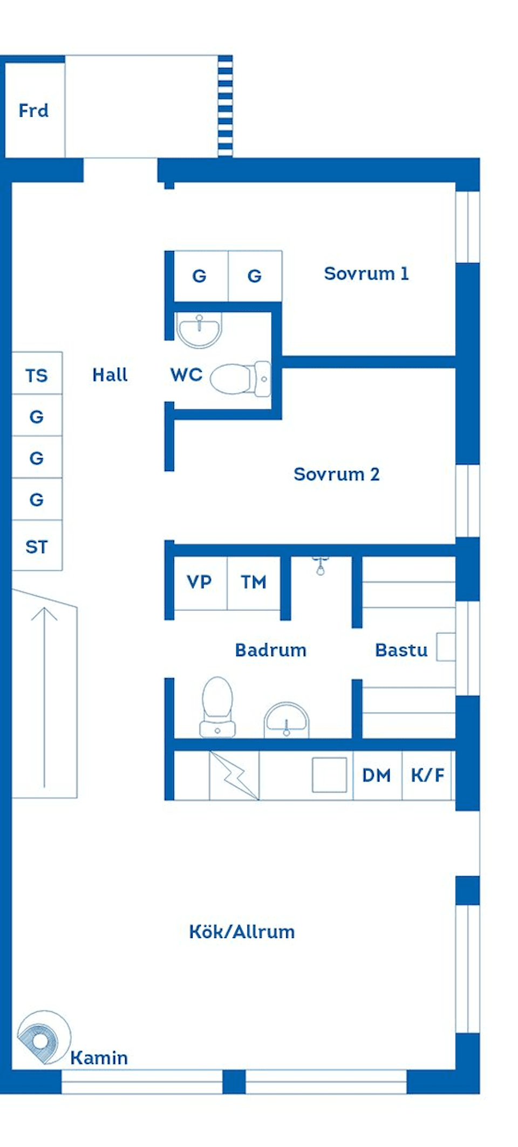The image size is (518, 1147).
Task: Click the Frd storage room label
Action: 33,111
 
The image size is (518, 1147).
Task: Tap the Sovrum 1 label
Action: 366,274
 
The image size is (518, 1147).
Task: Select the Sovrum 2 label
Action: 336,474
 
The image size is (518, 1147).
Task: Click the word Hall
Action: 110,375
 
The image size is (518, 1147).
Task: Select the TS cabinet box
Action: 37,374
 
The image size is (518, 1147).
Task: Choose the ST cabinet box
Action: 37,546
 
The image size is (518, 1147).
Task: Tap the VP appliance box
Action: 200,582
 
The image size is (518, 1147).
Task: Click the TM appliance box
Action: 254,582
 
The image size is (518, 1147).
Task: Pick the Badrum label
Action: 270,650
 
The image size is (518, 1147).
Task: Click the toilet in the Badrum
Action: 217,707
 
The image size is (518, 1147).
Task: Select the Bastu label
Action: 401,650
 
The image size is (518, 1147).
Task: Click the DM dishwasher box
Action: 377,775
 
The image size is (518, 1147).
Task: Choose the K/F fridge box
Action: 427,775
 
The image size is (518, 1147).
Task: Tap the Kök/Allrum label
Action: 242,932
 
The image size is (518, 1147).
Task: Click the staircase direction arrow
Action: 44,696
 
